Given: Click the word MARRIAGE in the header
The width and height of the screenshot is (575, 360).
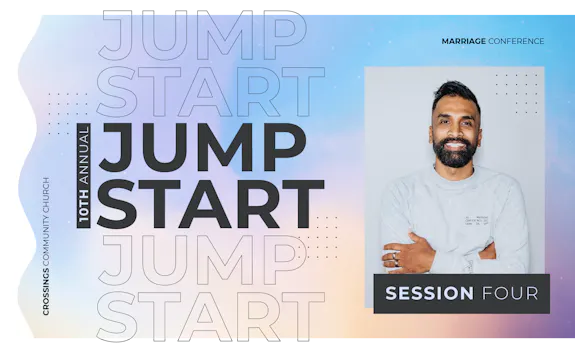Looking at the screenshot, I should (463, 41).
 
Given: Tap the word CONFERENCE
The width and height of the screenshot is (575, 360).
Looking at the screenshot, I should (516, 41).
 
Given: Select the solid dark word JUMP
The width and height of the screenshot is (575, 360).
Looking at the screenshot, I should (201, 146).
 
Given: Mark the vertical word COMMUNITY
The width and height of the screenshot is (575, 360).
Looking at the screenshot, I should (47, 229).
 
